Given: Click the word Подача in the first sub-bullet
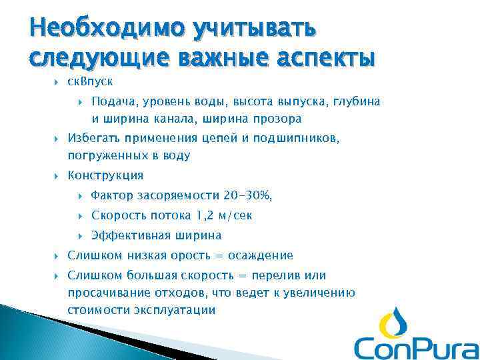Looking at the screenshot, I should [111, 101].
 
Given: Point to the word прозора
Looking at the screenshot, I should [274, 119].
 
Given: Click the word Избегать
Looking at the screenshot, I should [94, 139].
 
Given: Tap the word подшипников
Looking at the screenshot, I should [301, 139].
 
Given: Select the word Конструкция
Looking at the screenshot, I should [105, 175].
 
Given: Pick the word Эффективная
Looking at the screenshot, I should [131, 235].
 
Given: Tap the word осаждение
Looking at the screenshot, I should [260, 255].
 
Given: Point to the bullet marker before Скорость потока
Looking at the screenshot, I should [80, 215].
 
